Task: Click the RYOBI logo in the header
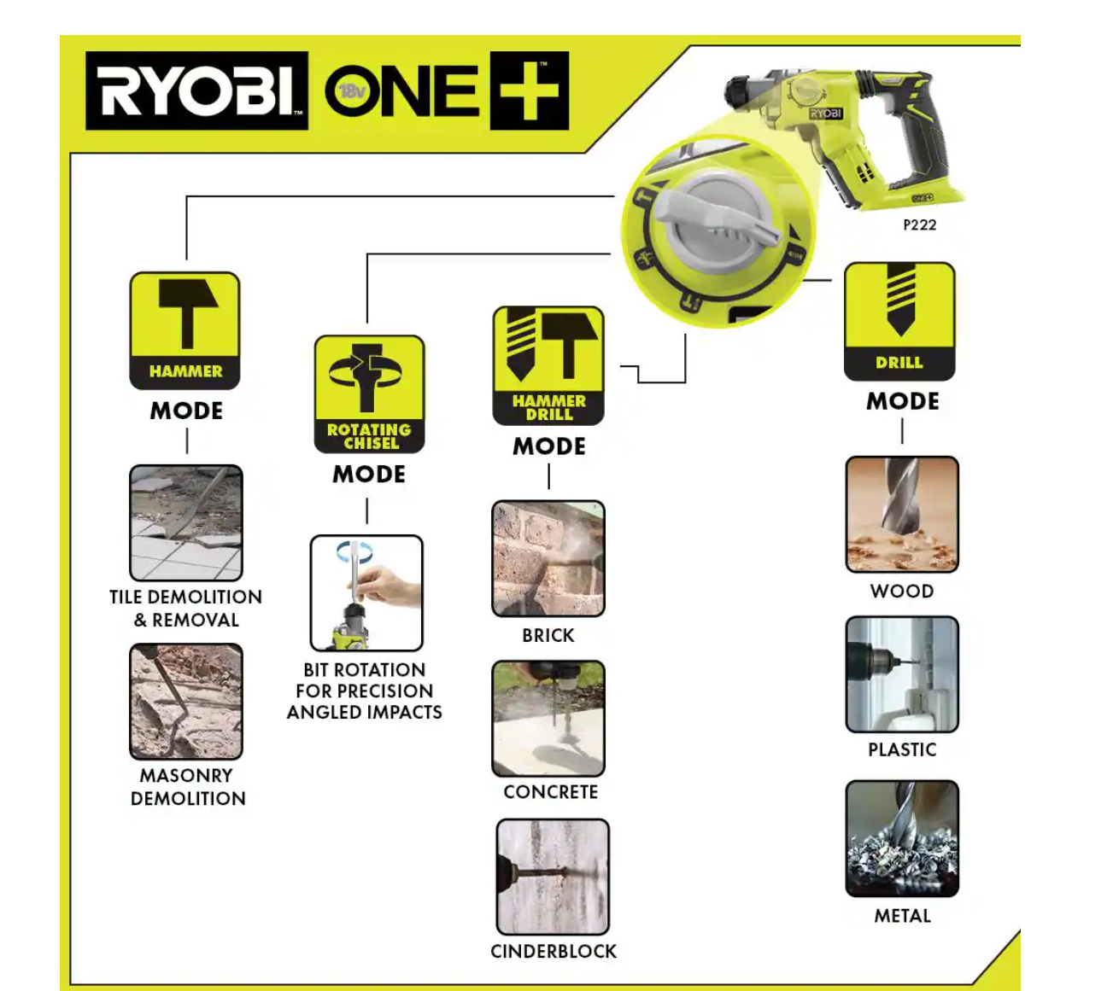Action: click(196, 90)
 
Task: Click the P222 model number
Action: click(919, 224)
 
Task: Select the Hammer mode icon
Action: click(185, 330)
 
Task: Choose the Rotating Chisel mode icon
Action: click(369, 393)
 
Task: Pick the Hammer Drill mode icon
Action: click(548, 365)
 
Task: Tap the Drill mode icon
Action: click(899, 321)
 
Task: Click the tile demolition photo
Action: click(186, 522)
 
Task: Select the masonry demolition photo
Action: click(186, 701)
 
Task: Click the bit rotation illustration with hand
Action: click(366, 592)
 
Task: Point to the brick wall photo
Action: click(548, 558)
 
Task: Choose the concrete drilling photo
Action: click(548, 718)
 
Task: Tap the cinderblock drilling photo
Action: click(553, 877)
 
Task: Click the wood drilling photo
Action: click(902, 514)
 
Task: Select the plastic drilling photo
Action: click(902, 674)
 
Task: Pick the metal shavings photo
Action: click(902, 838)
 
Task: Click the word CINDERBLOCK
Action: click(553, 951)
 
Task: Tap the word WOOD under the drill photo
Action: click(902, 591)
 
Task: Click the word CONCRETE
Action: click(550, 792)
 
